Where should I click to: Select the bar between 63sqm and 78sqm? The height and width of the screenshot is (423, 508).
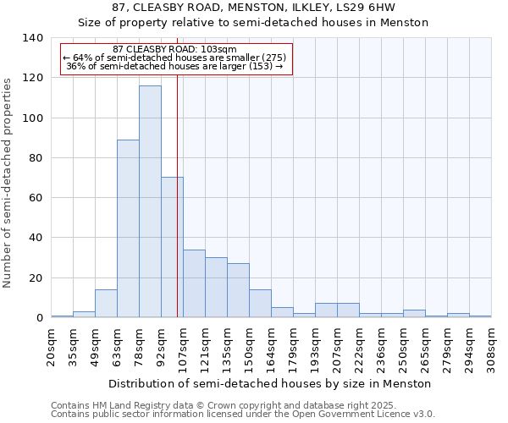[128, 228]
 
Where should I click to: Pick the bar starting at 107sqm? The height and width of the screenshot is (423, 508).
[194, 283]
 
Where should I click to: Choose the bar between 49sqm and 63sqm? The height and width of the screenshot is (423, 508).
[106, 304]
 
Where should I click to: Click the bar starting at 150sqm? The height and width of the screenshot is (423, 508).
[260, 304]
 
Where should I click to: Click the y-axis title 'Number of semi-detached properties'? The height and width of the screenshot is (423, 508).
[8, 183]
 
